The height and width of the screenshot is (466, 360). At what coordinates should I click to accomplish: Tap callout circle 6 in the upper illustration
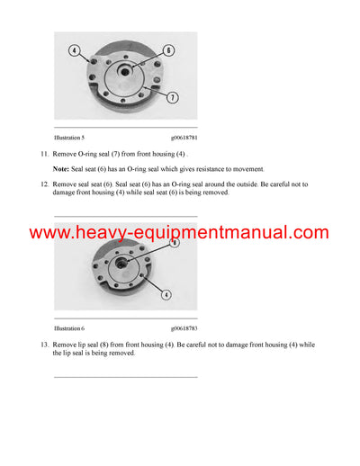click(167, 50)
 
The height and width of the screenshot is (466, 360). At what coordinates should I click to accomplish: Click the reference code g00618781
click(184, 137)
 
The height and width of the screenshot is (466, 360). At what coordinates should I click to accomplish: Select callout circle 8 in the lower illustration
click(175, 243)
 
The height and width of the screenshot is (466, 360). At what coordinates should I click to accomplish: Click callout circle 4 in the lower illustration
click(166, 294)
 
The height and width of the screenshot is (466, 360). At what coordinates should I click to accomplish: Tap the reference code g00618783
click(184, 329)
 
